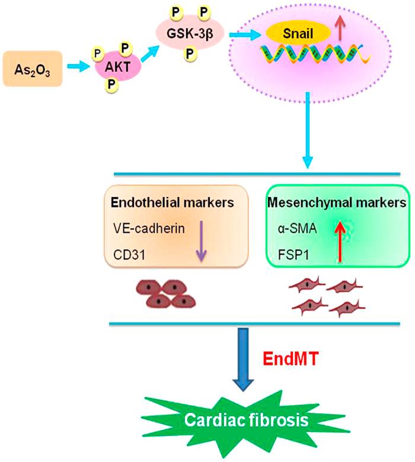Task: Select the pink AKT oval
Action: [x=116, y=66]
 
